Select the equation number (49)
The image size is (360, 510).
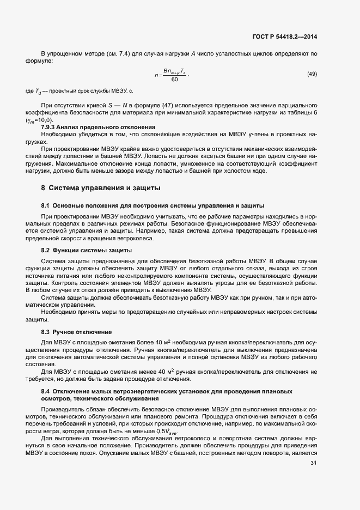pyautogui.click(x=312, y=74)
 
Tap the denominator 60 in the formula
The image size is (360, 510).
pyautogui.click(x=174, y=80)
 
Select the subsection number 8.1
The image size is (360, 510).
pyautogui.click(x=46, y=205)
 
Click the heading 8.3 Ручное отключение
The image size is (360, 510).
pyautogui.click(x=76, y=332)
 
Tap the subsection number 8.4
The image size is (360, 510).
pyautogui.click(x=46, y=391)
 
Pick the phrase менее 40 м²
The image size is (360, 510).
pyautogui.click(x=145, y=371)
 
